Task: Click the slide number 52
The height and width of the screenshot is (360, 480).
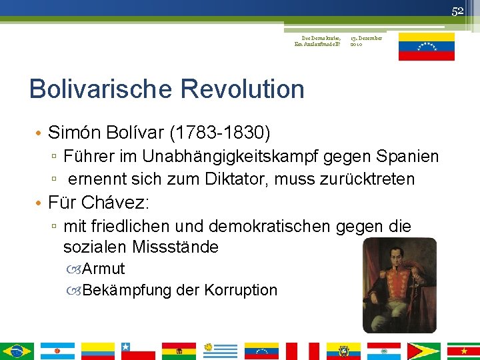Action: [x=457, y=11]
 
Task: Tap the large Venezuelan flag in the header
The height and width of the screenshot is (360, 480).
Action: [x=426, y=46]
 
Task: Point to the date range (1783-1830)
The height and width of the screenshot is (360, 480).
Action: [x=221, y=133]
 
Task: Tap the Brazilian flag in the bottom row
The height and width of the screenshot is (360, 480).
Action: [x=17, y=351]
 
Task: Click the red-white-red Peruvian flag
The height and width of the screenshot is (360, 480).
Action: [x=302, y=351]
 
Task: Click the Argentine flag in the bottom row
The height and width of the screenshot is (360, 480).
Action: [x=57, y=351]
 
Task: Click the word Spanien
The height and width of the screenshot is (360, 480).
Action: [x=407, y=157]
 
